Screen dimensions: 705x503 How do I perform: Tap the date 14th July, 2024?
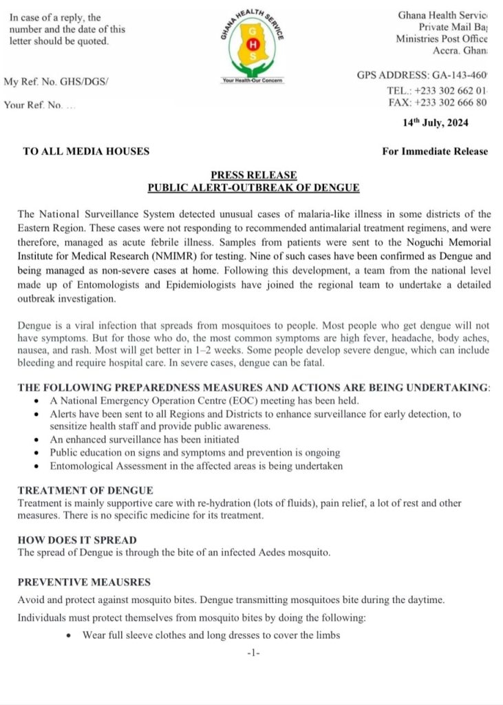436,123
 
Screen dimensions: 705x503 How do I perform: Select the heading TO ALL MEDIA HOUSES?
86,151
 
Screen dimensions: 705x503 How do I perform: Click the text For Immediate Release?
435,151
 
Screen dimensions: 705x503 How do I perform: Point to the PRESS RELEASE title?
254,176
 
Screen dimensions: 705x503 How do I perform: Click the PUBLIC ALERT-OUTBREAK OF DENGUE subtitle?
254,187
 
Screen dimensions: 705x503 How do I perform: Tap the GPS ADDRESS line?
422,75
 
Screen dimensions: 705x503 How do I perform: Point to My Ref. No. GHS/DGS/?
56,82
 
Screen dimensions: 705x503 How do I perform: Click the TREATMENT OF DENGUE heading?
85,491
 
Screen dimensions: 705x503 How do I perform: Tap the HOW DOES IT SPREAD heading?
77,540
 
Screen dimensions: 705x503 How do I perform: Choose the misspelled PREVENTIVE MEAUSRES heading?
84,582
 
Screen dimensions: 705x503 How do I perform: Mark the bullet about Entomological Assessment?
196,466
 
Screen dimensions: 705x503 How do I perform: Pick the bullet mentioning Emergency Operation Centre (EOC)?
204,401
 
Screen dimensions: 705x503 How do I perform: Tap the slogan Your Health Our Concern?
253,81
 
